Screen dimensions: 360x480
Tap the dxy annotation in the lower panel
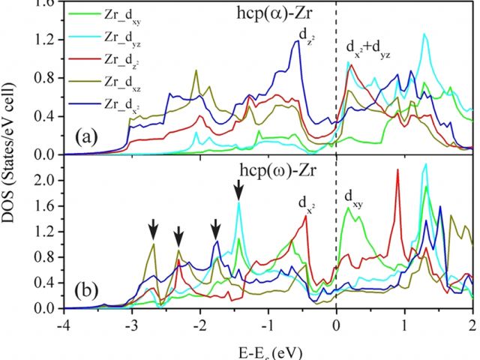353,197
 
